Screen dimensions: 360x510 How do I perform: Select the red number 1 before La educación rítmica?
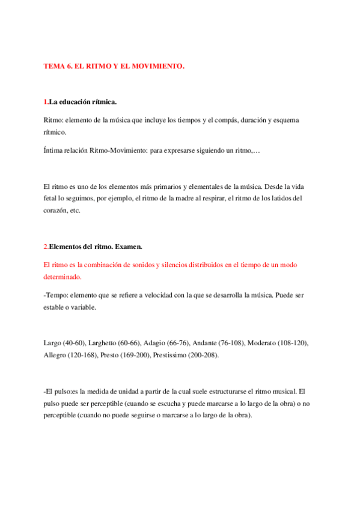tap(46, 102)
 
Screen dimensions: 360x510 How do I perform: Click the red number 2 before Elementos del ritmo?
tap(46, 247)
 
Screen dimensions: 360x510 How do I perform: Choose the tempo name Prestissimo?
tap(172, 355)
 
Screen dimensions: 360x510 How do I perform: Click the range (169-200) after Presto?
tap(131, 355)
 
